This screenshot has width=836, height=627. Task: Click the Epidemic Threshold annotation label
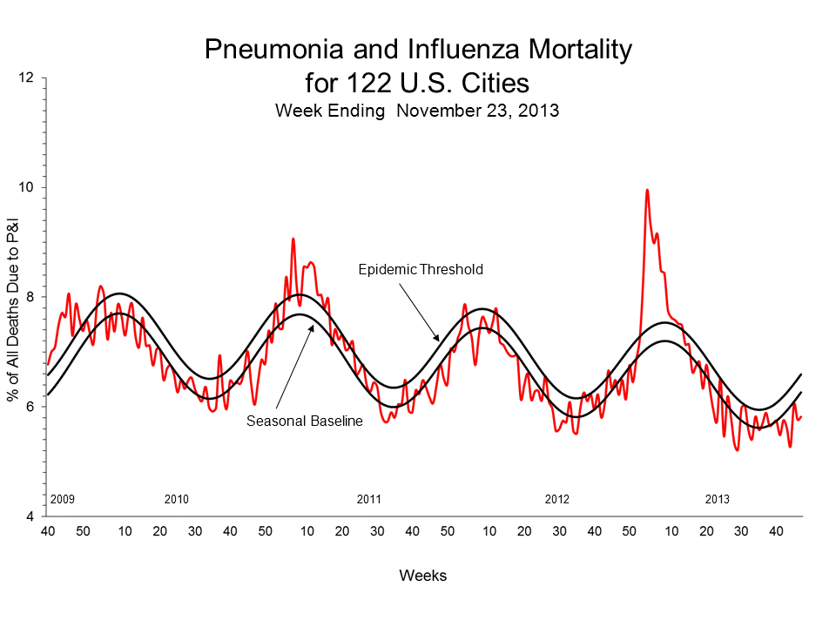click(x=421, y=270)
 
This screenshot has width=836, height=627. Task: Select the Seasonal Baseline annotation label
click(x=304, y=421)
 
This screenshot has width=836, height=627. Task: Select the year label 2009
click(x=63, y=500)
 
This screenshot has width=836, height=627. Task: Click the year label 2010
click(x=176, y=500)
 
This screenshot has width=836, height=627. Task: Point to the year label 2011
click(x=369, y=500)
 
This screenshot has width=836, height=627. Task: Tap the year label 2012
click(x=556, y=500)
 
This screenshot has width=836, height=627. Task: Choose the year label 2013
click(x=717, y=500)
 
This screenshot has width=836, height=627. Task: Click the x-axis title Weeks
click(x=423, y=576)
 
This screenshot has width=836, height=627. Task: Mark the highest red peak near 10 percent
click(x=646, y=190)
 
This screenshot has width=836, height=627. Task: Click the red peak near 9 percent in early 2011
click(x=293, y=239)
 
